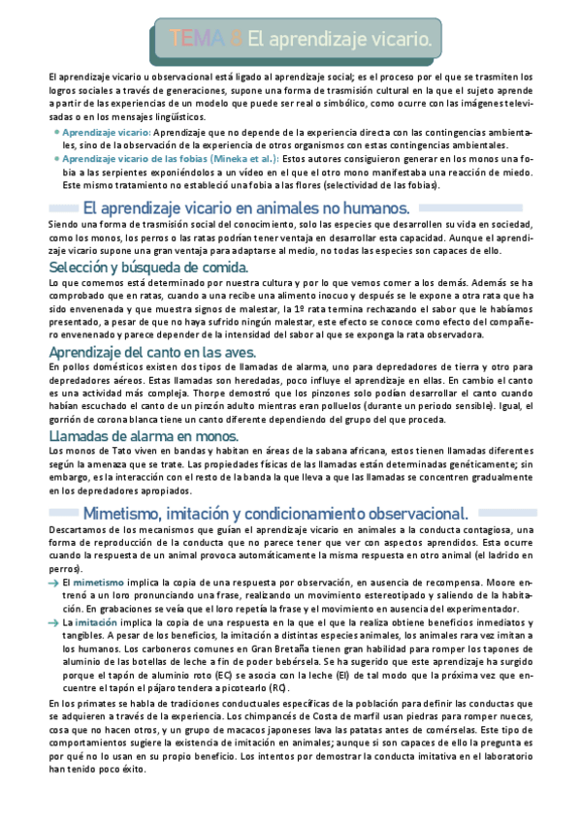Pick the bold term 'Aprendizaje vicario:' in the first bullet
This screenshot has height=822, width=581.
click(106, 130)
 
